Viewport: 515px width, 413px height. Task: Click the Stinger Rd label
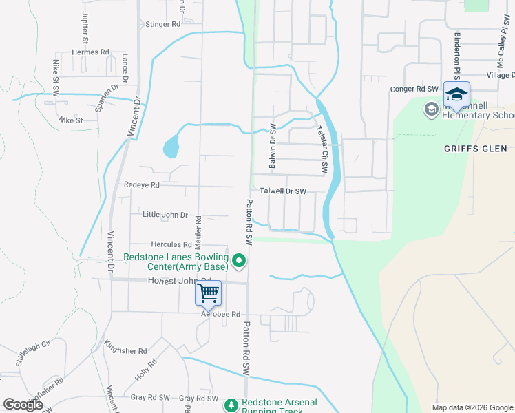[x=162, y=24]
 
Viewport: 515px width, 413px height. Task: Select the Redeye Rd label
[x=142, y=185]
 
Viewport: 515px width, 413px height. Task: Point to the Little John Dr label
[x=165, y=215]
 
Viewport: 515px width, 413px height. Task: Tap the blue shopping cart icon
[x=208, y=294]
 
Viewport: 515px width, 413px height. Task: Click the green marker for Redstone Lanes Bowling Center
[x=239, y=260]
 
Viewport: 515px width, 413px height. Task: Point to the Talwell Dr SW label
[x=282, y=191]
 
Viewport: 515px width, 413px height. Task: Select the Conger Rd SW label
[x=414, y=89]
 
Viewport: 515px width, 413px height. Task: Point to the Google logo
[x=23, y=405]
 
